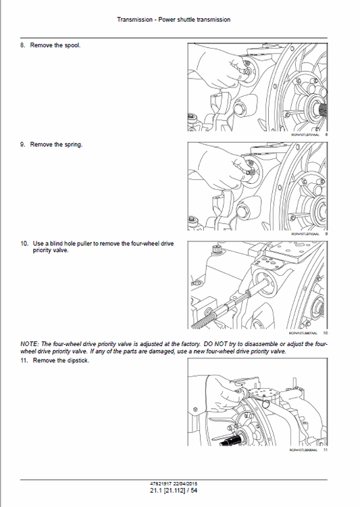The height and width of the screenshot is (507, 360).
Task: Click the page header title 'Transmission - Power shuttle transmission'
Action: [174, 20]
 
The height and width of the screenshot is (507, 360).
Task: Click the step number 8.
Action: [23, 45]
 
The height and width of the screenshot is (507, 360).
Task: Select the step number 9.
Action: [23, 145]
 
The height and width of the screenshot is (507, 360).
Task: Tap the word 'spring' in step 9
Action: [72, 145]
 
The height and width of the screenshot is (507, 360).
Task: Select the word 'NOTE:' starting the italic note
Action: [30, 345]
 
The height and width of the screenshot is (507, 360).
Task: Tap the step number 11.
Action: [24, 360]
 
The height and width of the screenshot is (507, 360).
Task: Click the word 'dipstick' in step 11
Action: [78, 360]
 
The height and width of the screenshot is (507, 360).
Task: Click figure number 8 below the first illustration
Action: [326, 135]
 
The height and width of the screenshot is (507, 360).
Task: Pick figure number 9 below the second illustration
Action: [326, 234]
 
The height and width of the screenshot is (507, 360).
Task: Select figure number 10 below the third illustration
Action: [325, 333]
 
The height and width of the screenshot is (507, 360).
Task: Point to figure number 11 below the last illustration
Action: [325, 450]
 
